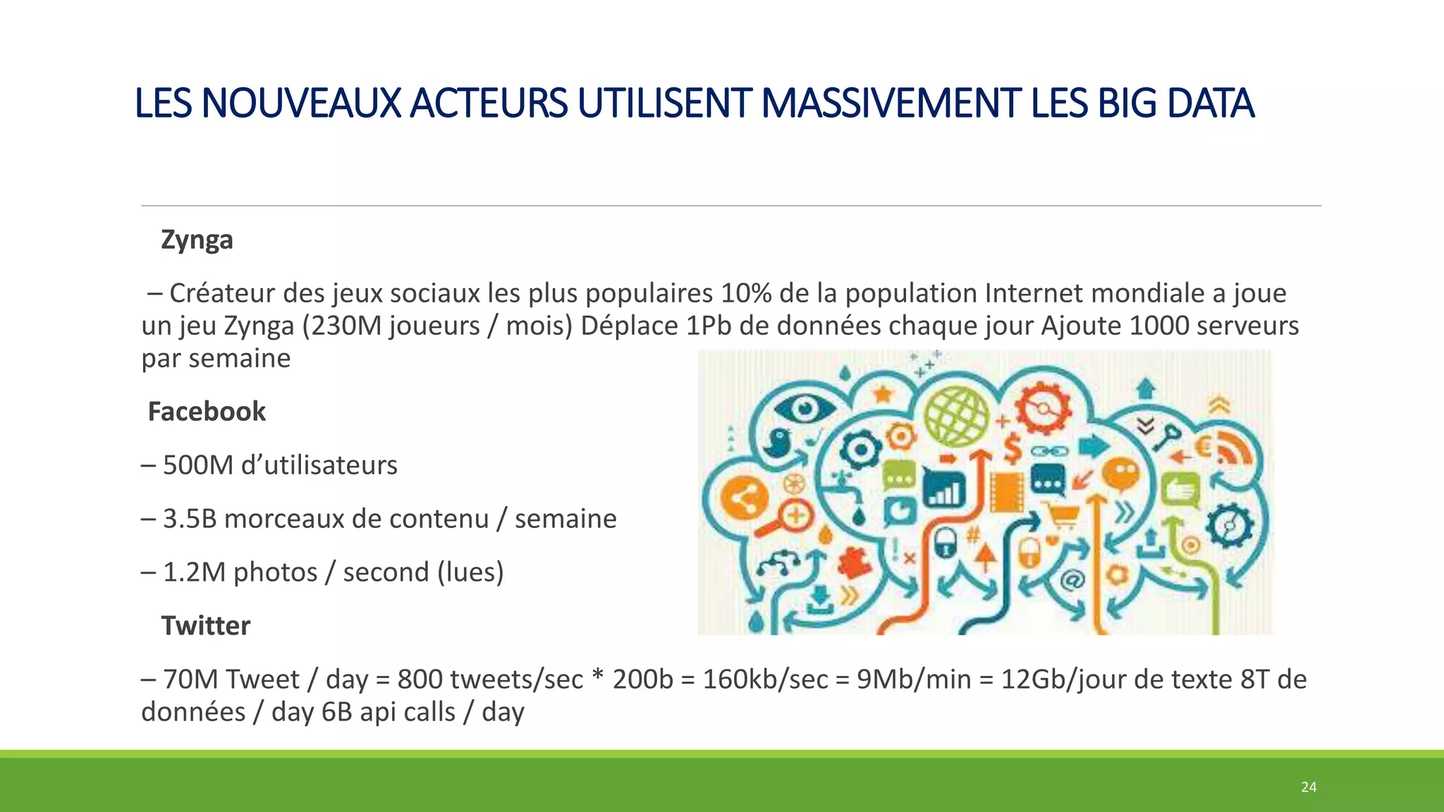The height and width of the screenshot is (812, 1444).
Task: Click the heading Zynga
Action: [197, 240]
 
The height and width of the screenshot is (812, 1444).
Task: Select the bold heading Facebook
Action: [207, 412]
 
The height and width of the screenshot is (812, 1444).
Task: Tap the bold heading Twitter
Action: [205, 626]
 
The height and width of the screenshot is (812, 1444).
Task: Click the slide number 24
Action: [1309, 787]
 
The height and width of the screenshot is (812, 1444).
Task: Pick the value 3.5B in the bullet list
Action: [189, 519]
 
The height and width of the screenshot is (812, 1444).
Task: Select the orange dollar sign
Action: [1012, 448]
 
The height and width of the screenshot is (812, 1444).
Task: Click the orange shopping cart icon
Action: [1063, 517]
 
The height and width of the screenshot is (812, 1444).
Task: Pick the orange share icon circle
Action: [745, 500]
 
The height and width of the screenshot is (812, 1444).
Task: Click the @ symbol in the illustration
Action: [1072, 580]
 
